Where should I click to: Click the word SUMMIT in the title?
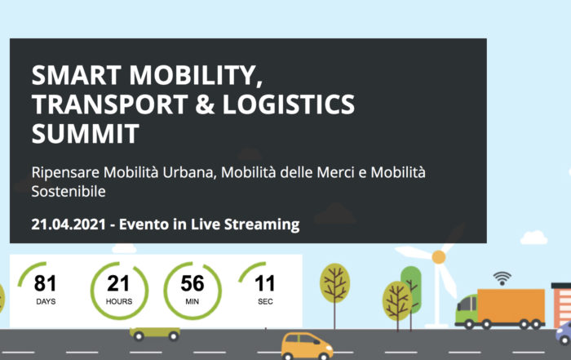(x=85, y=133)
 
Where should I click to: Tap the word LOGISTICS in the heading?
(x=289, y=104)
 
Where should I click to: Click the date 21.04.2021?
(x=69, y=224)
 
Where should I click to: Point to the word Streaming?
(x=262, y=224)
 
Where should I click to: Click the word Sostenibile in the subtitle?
(x=69, y=191)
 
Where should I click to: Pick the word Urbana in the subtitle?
(x=189, y=172)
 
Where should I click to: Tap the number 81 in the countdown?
(x=45, y=283)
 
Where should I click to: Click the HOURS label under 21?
(x=119, y=302)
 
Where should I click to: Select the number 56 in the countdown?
(x=193, y=283)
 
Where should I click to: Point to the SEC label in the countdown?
(x=265, y=302)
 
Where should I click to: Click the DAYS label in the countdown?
(x=46, y=302)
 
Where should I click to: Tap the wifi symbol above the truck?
(x=502, y=278)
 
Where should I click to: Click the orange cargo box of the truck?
(x=511, y=305)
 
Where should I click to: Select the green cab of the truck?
(x=467, y=309)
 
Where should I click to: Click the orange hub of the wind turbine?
(x=439, y=257)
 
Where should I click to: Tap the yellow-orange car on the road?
(x=307, y=346)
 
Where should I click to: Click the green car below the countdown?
(x=155, y=333)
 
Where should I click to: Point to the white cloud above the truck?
(x=533, y=238)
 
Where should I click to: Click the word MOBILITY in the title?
(x=196, y=75)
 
